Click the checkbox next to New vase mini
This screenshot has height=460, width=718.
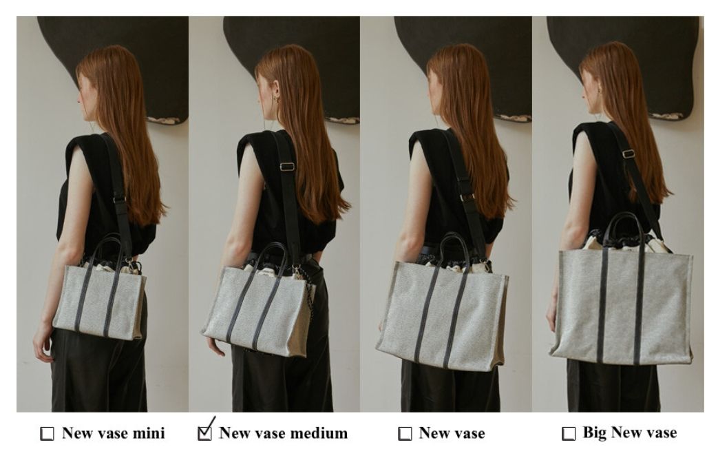47,433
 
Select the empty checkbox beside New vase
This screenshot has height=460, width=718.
405,433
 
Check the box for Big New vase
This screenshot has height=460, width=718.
568,433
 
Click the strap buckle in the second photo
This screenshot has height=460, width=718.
287,167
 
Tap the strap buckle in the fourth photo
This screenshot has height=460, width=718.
629,154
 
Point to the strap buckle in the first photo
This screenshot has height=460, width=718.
120,200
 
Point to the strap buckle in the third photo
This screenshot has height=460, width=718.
467,198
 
